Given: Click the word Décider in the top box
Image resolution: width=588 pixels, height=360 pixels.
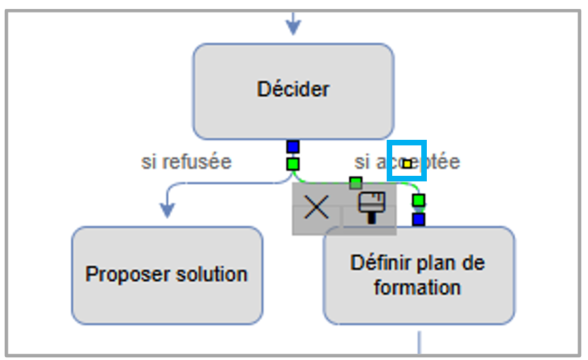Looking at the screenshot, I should tap(293, 89).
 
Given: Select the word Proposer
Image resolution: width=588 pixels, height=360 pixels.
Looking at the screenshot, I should tap(121, 274).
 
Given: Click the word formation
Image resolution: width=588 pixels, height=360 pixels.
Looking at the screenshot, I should tap(417, 287).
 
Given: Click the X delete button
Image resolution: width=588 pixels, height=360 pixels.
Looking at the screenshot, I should tap(317, 207).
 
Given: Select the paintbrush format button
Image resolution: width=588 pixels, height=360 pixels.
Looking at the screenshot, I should tap(370, 207).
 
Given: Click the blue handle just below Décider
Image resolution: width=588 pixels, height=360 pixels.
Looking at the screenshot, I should tap(293, 147).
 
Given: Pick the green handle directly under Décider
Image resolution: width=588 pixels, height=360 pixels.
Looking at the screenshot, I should tap(293, 163).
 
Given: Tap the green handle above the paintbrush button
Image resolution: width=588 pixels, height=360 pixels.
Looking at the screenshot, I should tap(356, 183).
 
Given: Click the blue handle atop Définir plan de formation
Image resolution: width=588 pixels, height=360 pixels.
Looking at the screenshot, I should tap(419, 219).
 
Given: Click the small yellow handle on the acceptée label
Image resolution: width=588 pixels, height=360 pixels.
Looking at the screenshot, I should tap(407, 163).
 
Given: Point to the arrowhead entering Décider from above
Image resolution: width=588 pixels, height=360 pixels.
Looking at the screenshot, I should tap(293, 27).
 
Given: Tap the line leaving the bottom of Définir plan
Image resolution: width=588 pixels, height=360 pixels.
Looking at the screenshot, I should tap(419, 341).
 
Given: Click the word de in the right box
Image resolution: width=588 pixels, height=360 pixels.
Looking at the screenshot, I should tap(474, 263).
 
